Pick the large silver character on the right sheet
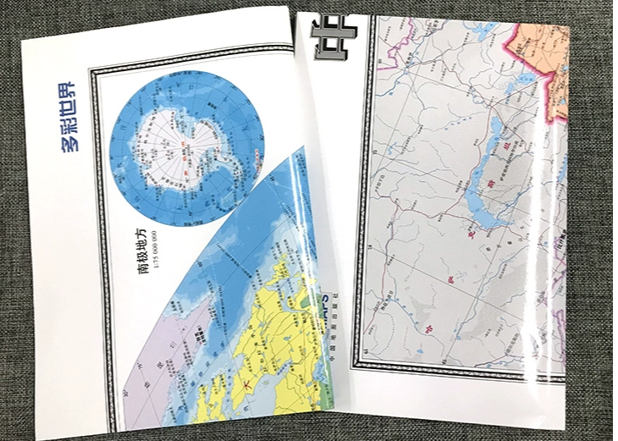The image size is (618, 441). click(x=328, y=37)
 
